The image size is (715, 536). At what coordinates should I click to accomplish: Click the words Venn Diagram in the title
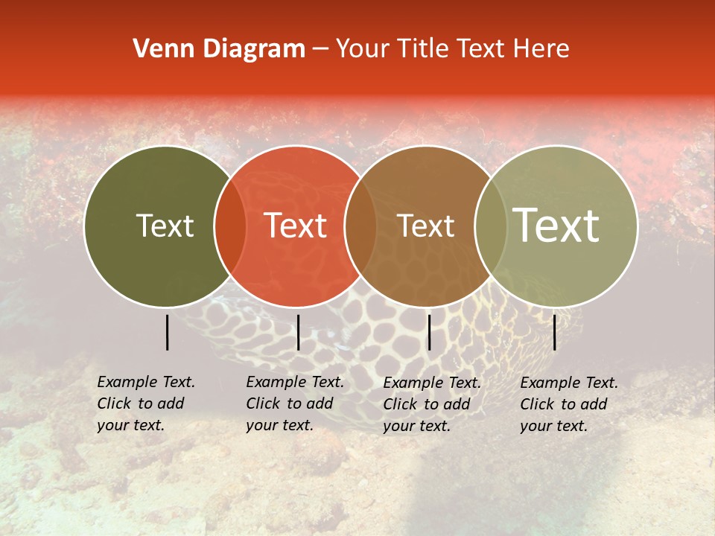point(219,49)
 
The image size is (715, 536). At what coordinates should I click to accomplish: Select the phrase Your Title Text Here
point(452,49)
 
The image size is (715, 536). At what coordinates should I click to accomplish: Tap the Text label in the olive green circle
point(165,226)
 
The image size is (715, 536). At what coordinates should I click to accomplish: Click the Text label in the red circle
point(296,226)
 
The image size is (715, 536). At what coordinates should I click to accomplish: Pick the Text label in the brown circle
point(425,226)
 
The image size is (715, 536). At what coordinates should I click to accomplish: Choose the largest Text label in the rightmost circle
point(556,226)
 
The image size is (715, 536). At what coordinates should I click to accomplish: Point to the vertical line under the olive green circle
point(168,332)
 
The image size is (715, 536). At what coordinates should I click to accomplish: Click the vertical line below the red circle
point(298,332)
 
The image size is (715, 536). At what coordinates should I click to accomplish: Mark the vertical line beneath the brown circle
point(429,332)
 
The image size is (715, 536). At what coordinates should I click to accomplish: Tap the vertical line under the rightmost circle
point(555,332)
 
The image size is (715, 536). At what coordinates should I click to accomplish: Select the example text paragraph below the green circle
point(146,403)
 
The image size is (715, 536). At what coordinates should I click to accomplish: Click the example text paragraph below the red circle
point(295,403)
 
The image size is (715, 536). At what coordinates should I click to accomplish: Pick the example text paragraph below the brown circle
point(432,404)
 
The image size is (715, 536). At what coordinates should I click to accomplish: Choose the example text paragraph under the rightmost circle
point(569,404)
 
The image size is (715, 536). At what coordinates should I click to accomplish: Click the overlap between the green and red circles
point(230,226)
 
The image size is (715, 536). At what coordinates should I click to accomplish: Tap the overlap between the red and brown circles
point(360,226)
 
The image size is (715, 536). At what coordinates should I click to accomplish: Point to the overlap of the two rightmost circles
point(490,226)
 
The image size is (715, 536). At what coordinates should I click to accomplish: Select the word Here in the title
point(544,49)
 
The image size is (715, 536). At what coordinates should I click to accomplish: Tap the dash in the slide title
point(320,49)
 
